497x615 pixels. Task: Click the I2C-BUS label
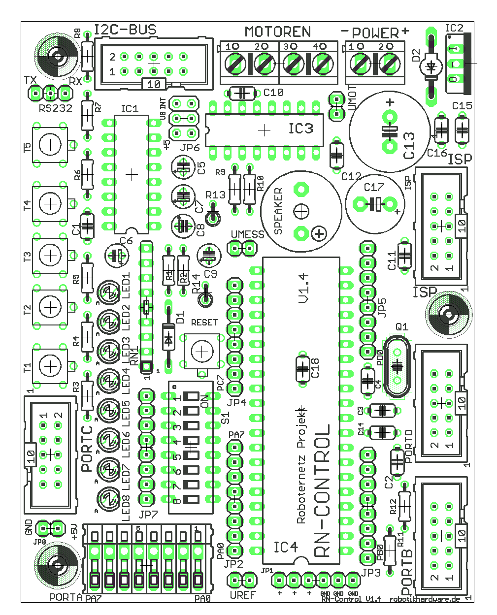[x=125, y=30]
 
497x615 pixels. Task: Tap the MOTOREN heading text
[x=278, y=32]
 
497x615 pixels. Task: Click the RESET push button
[x=201, y=351]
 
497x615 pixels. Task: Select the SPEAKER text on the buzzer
[x=278, y=211]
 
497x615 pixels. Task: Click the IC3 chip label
[x=300, y=129]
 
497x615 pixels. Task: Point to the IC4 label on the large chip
[x=286, y=547]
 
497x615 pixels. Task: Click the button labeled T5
[x=50, y=145]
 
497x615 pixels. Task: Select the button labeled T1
[x=50, y=366]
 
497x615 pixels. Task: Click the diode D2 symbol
[x=432, y=66]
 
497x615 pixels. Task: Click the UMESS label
[x=247, y=234]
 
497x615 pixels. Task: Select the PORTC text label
[x=87, y=448]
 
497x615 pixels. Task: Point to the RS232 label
[x=56, y=108]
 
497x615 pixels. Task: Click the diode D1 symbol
[x=168, y=339]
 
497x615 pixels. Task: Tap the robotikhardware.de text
[x=425, y=599]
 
